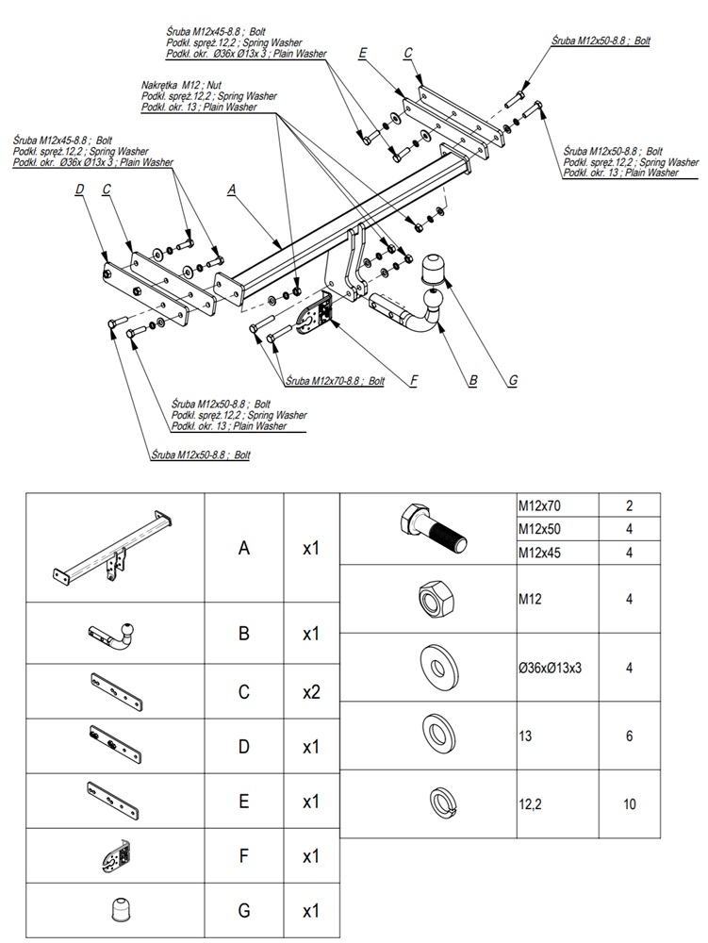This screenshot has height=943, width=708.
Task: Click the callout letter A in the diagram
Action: pyautogui.click(x=232, y=189)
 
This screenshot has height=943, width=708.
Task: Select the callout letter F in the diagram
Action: pyautogui.click(x=413, y=381)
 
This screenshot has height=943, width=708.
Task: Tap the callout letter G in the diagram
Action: pyautogui.click(x=512, y=381)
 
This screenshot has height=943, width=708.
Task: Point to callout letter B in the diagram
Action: pyautogui.click(x=472, y=381)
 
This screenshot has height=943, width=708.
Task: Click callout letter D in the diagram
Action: pyautogui.click(x=79, y=189)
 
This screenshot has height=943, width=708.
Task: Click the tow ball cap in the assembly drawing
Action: pyautogui.click(x=435, y=270)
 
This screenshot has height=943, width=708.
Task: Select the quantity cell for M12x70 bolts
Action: pyautogui.click(x=629, y=506)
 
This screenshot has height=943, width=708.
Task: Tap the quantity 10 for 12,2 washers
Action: pyautogui.click(x=629, y=804)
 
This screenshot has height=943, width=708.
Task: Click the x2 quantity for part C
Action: pyautogui.click(x=312, y=691)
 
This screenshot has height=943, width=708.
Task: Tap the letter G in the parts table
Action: pyautogui.click(x=244, y=912)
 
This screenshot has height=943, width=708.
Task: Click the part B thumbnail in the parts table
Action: pyautogui.click(x=115, y=633)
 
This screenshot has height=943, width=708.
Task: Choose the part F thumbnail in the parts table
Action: pyautogui.click(x=114, y=856)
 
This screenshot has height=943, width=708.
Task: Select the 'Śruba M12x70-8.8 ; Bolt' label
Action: pyautogui.click(x=334, y=381)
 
